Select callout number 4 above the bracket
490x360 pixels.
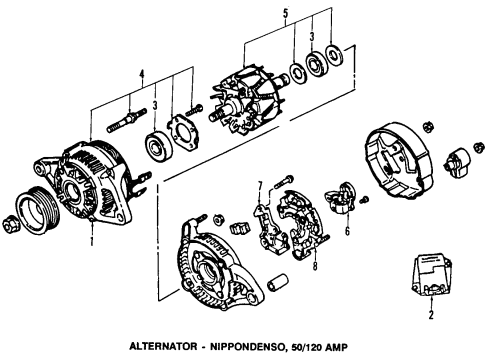pyautogui.click(x=142, y=73)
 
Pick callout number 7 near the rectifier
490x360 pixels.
pyautogui.click(x=258, y=186)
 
